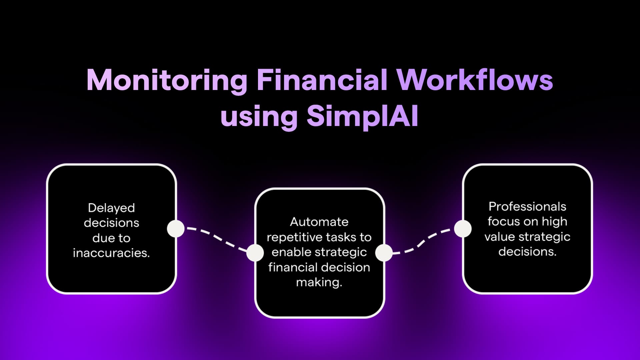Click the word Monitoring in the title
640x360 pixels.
167,80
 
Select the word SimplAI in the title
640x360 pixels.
362,117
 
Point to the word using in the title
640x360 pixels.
259,118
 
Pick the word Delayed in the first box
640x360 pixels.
111,208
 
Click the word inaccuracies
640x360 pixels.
111,253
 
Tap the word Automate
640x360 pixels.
319,222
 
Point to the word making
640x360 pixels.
319,283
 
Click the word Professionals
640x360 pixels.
527,207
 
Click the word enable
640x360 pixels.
291,252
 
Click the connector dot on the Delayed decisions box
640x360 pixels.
176,229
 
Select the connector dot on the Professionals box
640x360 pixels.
463,229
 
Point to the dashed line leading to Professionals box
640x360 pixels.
422,242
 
